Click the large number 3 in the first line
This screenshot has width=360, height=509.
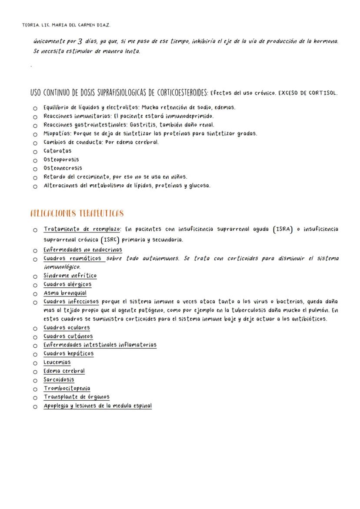80,42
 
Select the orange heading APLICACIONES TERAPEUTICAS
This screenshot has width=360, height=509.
77,213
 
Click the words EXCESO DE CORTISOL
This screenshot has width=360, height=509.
307,93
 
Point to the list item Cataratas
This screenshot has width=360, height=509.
57,151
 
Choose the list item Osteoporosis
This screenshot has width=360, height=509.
61,160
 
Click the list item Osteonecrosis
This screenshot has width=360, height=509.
63,168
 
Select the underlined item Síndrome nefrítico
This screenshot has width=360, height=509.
70,276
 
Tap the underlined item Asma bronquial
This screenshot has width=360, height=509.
65,293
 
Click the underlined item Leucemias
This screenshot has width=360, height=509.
57,362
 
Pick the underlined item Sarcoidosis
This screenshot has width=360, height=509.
59,379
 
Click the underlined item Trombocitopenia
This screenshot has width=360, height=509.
67,388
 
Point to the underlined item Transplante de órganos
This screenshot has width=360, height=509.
77,397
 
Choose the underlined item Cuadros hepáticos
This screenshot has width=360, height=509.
68,353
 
